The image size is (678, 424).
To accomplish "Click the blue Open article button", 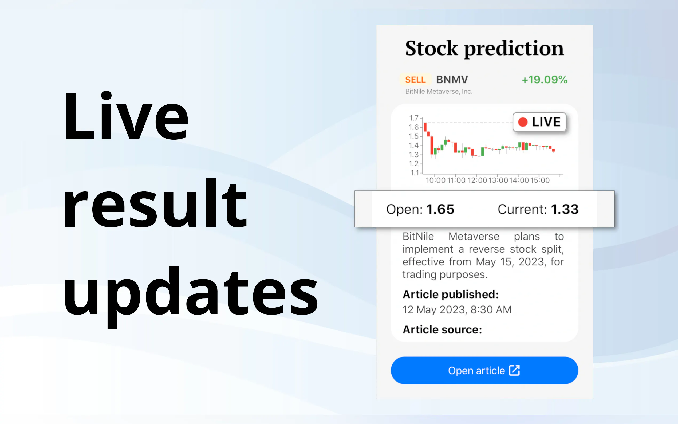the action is (484, 370).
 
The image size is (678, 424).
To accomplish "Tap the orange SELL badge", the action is (415, 80).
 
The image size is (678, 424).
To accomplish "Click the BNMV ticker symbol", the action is (452, 80).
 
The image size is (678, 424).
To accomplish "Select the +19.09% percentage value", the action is (545, 80).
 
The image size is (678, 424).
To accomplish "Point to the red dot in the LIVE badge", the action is (523, 122).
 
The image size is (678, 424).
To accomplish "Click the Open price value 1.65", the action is (440, 209).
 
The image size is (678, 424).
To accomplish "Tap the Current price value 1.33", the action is (565, 209).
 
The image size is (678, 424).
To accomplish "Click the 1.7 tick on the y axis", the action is (414, 118).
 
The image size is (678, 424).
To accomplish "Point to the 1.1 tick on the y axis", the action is (415, 173).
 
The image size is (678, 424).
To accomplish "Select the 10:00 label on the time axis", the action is (436, 180).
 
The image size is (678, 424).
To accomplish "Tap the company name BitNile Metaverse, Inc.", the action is (439, 91).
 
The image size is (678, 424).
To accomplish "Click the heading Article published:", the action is (451, 295).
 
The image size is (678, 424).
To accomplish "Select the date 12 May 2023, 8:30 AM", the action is (457, 309).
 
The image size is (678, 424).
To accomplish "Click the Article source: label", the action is (442, 329).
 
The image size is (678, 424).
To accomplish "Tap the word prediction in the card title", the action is (514, 49).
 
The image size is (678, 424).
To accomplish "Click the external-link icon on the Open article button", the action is (514, 370).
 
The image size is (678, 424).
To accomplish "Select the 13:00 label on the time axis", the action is (498, 180).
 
